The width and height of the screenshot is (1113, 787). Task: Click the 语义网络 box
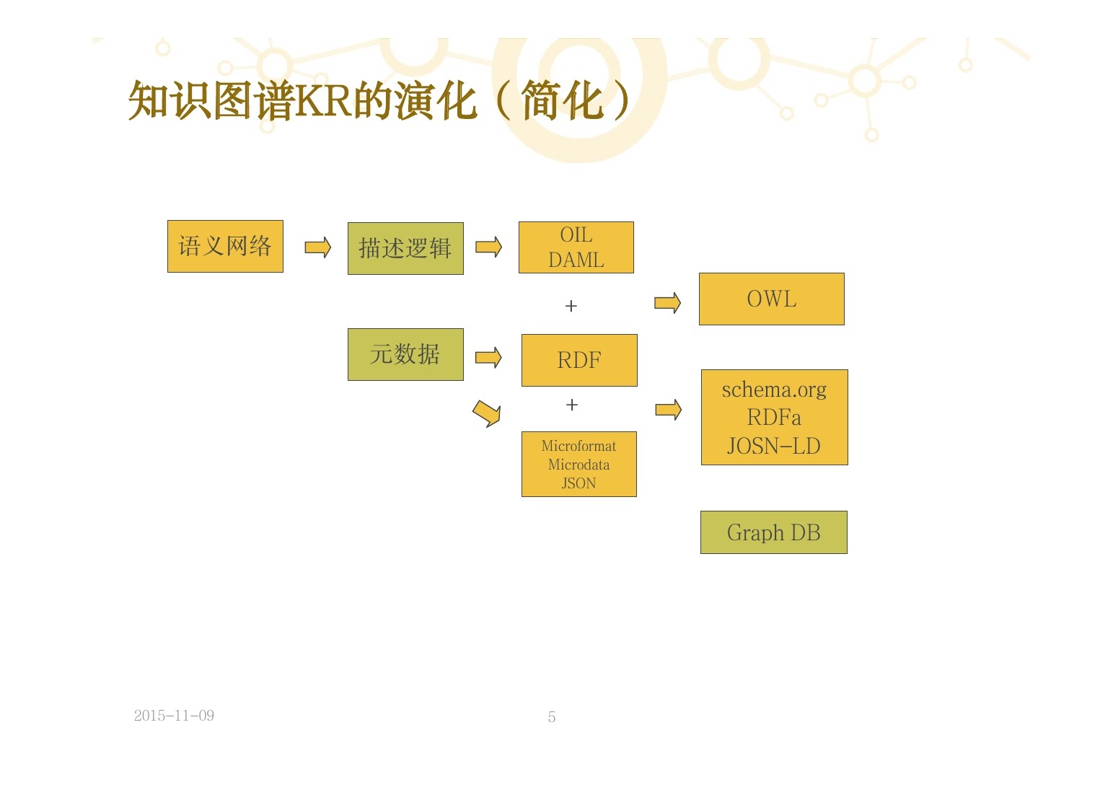(225, 247)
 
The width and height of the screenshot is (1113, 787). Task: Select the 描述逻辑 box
(405, 249)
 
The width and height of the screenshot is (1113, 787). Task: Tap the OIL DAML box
(576, 247)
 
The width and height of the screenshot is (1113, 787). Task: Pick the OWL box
(771, 299)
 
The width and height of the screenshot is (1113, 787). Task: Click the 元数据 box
(405, 355)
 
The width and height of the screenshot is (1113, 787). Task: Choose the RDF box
(579, 360)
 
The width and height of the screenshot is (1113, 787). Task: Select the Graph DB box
(773, 532)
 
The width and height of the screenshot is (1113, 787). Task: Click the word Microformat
(579, 446)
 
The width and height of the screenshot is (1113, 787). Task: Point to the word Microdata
(579, 465)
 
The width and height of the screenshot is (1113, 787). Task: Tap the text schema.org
(774, 390)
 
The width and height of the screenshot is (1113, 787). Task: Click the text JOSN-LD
(774, 446)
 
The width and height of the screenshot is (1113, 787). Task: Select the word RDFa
(774, 418)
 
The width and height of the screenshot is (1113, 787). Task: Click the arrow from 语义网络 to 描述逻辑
(317, 247)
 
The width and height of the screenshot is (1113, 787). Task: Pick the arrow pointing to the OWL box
(667, 303)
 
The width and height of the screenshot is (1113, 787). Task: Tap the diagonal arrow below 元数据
(487, 413)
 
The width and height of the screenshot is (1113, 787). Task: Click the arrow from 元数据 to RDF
(488, 357)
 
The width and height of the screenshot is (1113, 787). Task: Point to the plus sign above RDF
(571, 306)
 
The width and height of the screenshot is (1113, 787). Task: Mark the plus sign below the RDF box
(572, 405)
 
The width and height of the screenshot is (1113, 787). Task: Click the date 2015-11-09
(174, 716)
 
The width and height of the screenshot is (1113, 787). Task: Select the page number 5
(552, 717)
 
